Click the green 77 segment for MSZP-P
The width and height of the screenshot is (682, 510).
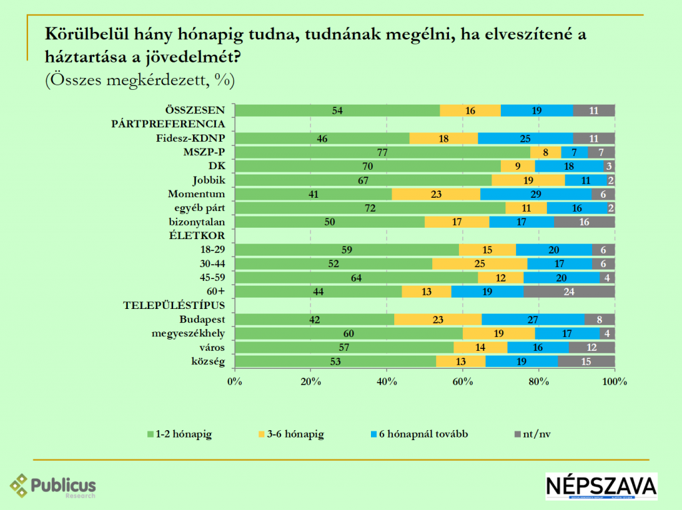click(x=383, y=152)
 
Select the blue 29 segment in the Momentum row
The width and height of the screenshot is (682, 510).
click(x=535, y=194)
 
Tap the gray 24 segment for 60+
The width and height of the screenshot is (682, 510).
click(x=569, y=292)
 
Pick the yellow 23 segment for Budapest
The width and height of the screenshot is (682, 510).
click(x=438, y=319)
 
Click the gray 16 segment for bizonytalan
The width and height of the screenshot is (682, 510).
click(x=584, y=222)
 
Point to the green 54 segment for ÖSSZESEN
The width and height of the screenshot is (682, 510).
click(x=338, y=111)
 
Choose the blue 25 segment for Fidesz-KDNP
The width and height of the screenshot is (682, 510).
click(x=525, y=138)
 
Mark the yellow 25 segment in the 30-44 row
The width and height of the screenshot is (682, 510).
click(x=480, y=264)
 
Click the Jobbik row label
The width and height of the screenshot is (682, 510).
click(x=208, y=180)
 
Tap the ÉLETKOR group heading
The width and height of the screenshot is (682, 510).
click(x=198, y=236)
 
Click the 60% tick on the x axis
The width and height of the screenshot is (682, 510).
click(x=463, y=382)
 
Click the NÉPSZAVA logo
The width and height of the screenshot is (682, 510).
click(x=601, y=486)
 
